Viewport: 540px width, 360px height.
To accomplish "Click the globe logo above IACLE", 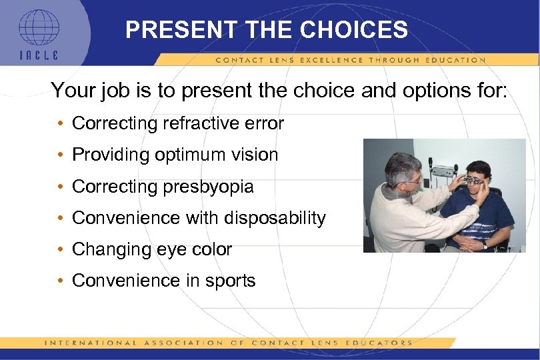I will [x=38, y=27].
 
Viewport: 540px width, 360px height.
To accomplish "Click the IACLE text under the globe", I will [x=39, y=56].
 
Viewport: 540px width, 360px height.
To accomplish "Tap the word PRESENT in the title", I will [x=179, y=30].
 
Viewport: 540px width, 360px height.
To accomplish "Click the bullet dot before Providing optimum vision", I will [x=60, y=155].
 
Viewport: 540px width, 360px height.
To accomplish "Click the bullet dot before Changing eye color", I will [x=60, y=250].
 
